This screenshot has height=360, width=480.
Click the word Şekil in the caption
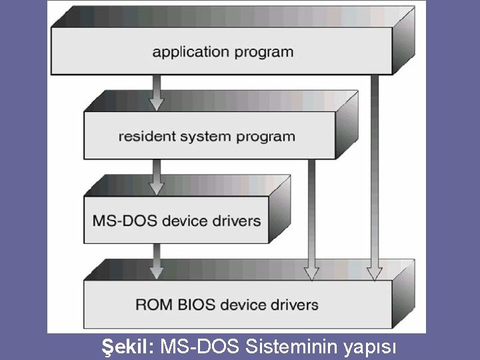point(127,347)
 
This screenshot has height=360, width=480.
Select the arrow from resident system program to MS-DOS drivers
point(157,177)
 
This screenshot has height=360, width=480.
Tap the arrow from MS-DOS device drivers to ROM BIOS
point(157,261)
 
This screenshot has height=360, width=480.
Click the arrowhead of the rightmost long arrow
point(375,273)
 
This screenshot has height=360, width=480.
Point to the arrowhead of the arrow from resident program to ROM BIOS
point(311,273)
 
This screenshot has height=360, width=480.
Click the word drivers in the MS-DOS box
point(235,220)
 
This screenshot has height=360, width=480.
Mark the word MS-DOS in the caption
point(201,347)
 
